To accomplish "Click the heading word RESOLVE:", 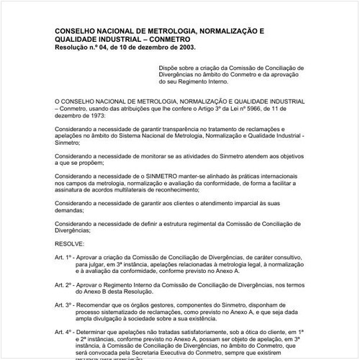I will click(x=69, y=246).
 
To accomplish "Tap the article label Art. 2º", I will click(x=64, y=286).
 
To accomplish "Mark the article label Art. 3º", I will click(x=64, y=307).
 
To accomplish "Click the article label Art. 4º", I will click(x=64, y=333).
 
